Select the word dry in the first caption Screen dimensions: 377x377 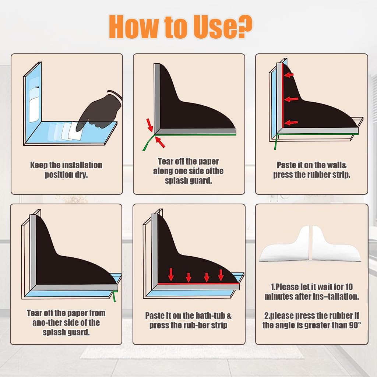[81, 175]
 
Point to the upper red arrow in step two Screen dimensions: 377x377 [149, 125]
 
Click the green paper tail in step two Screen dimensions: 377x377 [147, 143]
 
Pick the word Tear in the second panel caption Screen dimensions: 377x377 [166, 161]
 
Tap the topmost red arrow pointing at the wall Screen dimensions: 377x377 [289, 75]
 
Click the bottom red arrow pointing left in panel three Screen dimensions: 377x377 [291, 123]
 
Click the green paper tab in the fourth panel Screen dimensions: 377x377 [114, 296]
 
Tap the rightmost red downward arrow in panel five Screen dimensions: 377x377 [221, 275]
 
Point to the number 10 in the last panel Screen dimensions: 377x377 [349, 287]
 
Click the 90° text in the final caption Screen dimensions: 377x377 [355, 325]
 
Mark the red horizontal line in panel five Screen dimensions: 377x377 [198, 284]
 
